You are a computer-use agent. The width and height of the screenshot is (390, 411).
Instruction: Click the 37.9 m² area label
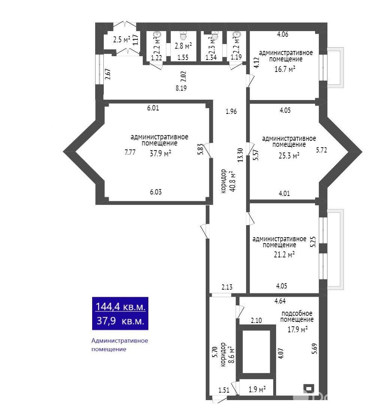pos(160,153)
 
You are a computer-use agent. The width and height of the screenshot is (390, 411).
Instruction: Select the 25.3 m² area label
pos(289,155)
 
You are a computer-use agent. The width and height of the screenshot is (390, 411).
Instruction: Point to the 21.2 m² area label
pos(284,255)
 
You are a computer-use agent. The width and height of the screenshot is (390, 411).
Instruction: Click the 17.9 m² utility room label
pos(297,330)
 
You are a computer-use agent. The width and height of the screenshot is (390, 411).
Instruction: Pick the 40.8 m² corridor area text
pos(231,182)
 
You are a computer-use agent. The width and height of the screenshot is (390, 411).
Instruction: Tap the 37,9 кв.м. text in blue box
pos(120,321)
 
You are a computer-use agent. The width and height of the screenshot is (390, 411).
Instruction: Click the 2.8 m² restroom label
pos(183,46)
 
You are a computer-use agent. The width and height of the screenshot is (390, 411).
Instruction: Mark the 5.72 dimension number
pos(322,150)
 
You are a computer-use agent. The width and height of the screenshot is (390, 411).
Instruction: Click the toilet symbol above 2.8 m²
pos(183,36)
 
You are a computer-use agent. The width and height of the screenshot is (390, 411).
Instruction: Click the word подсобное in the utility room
pos(297,313)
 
